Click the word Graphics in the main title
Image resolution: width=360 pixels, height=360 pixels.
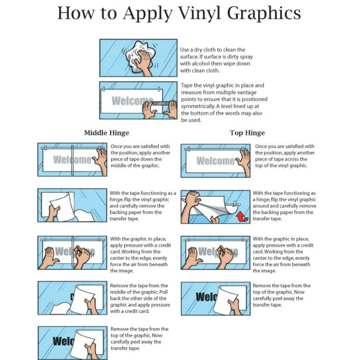coord(264,13)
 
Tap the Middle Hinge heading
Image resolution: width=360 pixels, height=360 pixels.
coord(107,133)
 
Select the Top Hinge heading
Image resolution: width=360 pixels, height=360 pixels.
coord(247,133)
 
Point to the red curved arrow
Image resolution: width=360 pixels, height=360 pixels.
coord(242,217)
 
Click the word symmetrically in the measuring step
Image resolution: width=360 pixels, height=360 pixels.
coord(198,106)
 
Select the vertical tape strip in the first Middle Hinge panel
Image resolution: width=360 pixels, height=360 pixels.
coord(72,160)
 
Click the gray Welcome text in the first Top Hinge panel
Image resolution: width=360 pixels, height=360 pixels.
coord(216,161)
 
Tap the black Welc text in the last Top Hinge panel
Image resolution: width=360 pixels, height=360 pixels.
coord(207,297)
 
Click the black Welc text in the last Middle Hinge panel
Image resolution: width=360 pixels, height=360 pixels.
coord(63,341)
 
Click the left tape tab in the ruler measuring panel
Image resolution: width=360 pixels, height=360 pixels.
coord(103,89)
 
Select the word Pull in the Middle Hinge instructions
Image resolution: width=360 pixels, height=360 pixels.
coord(163,292)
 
